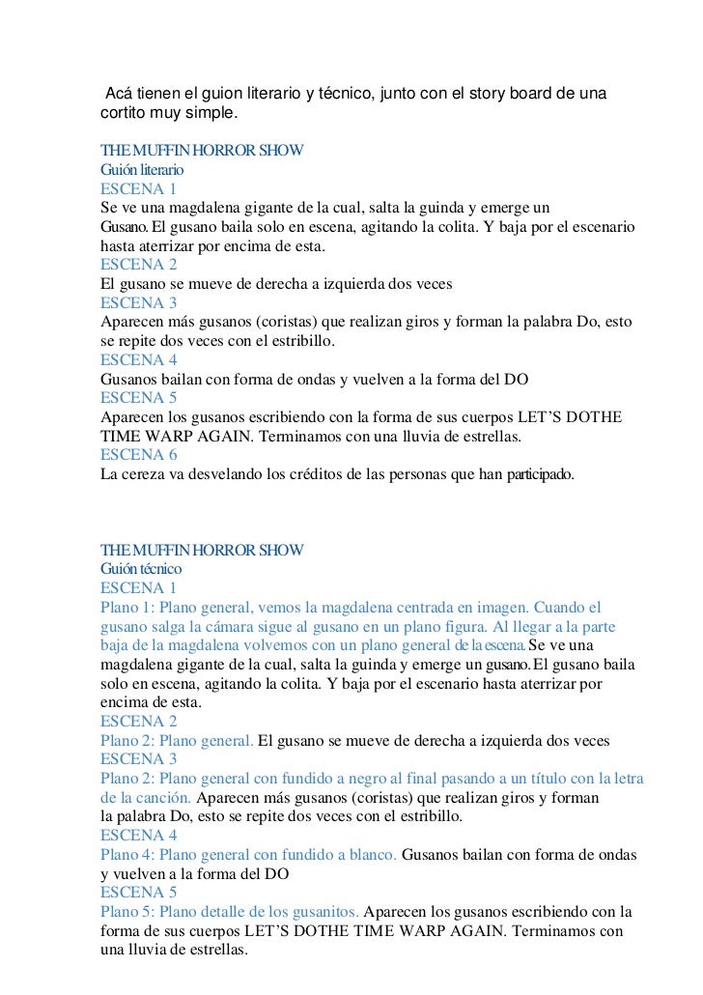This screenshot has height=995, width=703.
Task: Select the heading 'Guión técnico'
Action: click(140, 569)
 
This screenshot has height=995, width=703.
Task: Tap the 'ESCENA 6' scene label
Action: click(139, 455)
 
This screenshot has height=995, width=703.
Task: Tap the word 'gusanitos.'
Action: click(322, 911)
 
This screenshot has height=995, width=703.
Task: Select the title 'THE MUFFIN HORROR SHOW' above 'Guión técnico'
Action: click(203, 551)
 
